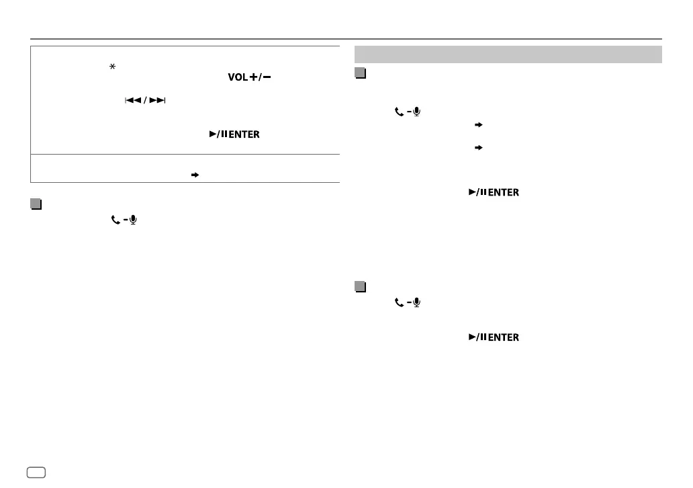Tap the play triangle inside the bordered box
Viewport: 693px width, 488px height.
213,135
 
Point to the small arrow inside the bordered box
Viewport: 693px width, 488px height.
195,173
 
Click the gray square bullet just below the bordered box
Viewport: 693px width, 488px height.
36,203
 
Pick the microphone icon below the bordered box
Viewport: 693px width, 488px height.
133,220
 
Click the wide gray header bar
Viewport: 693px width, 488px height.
508,54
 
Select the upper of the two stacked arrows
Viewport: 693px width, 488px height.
479,125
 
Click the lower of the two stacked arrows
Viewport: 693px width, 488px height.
479,147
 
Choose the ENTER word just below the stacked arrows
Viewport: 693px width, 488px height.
503,193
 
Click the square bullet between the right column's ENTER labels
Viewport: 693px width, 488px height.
360,287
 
